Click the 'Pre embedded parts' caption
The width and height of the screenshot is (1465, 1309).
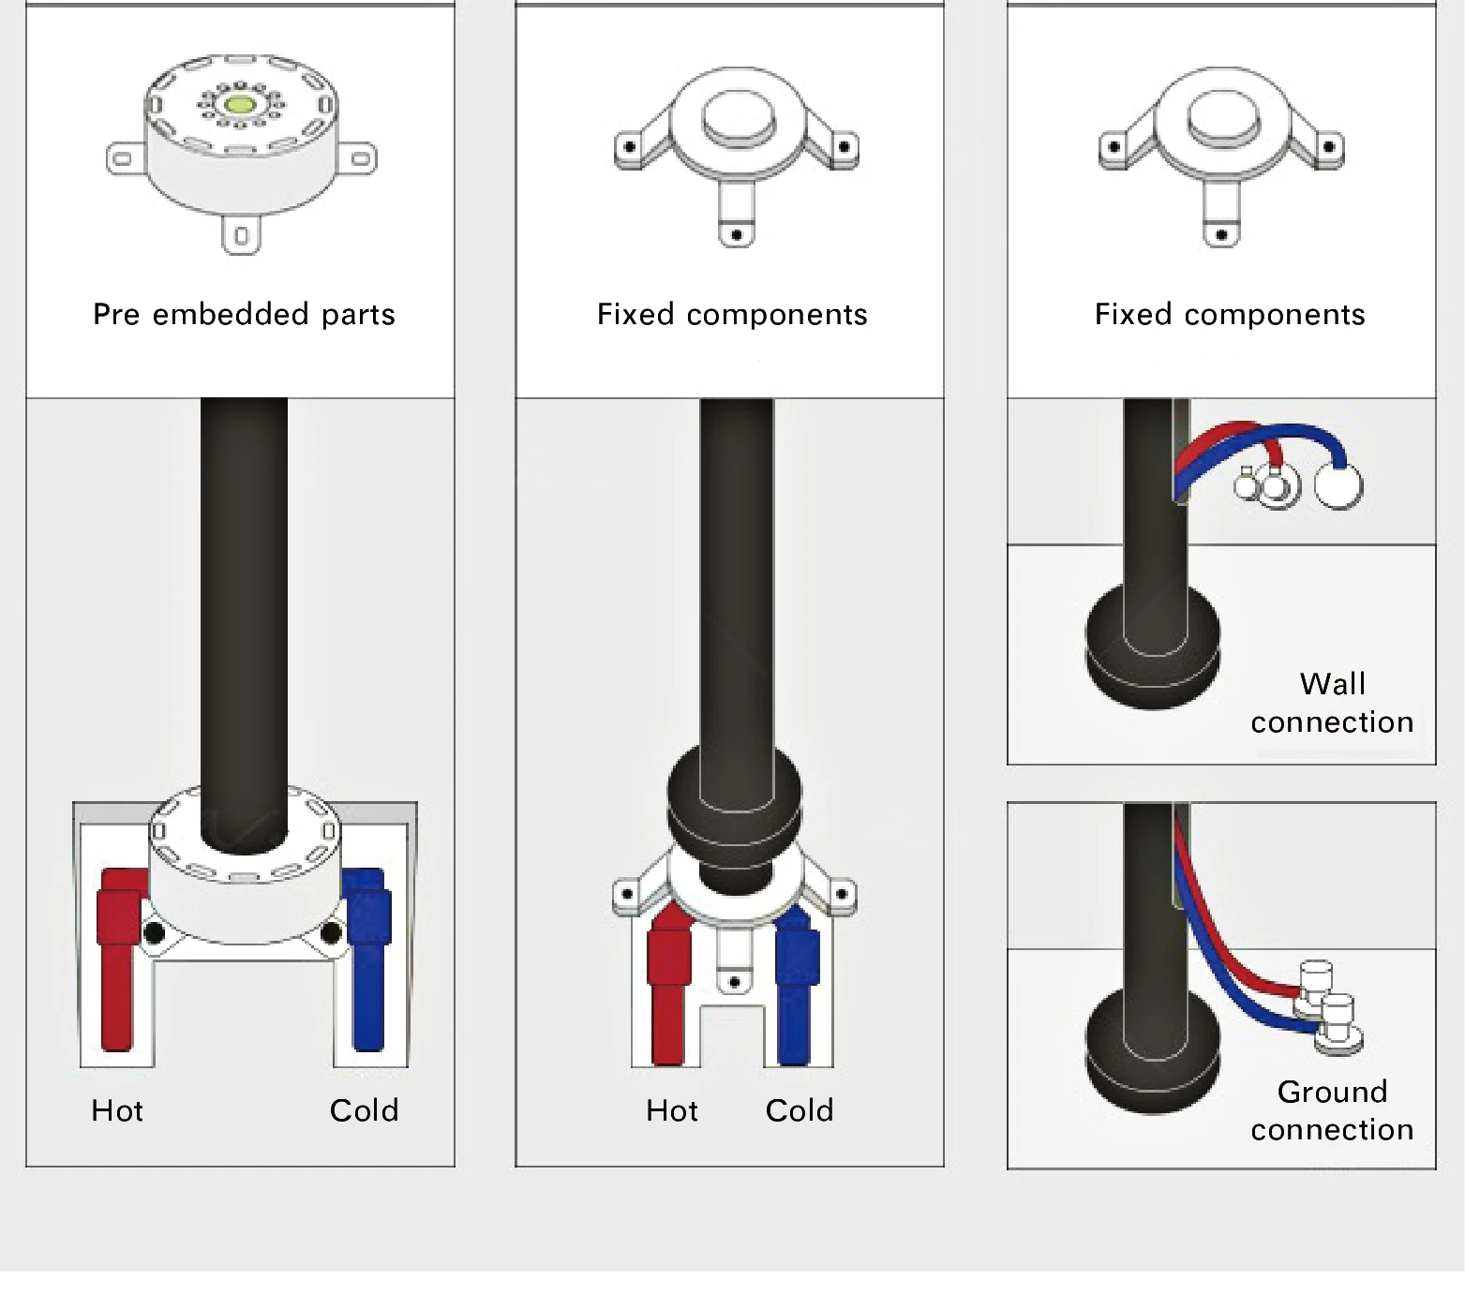(x=244, y=314)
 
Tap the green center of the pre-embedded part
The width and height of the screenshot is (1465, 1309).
(x=239, y=105)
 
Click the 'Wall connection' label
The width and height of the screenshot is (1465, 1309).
(x=1332, y=703)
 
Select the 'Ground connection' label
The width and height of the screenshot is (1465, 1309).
(x=1332, y=1110)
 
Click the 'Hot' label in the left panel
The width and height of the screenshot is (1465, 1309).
(x=117, y=1110)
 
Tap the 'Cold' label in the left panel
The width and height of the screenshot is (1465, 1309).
(x=364, y=1110)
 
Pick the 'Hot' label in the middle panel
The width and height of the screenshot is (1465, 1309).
(x=672, y=1110)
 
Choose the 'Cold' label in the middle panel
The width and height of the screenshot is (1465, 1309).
(x=799, y=1110)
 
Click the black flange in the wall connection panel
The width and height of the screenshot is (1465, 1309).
(x=1153, y=647)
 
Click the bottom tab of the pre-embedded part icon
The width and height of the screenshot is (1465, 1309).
(x=241, y=235)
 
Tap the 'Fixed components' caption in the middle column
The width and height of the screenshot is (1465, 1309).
(x=732, y=314)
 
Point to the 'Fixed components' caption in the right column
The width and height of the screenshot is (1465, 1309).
(x=1230, y=314)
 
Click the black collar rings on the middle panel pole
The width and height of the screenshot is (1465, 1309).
(x=736, y=796)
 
